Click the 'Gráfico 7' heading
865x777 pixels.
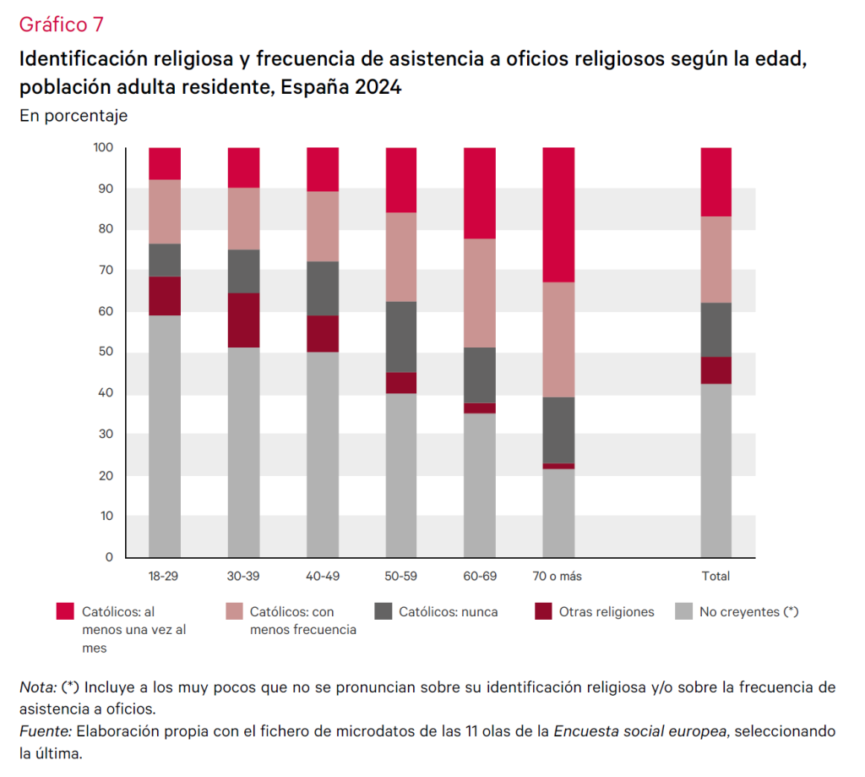[61, 25]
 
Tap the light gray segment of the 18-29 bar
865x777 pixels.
[165, 435]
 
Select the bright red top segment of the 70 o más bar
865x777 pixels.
[558, 215]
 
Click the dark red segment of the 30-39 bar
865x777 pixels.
[243, 320]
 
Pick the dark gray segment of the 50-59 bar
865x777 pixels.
[401, 337]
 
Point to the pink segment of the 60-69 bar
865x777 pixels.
[480, 293]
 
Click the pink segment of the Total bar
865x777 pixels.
[716, 260]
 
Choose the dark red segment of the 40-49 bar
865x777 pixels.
[323, 333]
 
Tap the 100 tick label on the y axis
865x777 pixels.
[103, 148]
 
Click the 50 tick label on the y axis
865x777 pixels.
[106, 353]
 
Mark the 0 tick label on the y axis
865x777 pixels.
[109, 557]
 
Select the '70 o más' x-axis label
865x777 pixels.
[558, 577]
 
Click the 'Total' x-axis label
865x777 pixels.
[716, 577]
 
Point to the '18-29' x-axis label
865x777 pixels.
[165, 577]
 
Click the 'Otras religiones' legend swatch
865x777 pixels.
[544, 611]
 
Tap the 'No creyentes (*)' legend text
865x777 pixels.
[748, 611]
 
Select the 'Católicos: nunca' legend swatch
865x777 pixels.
[383, 611]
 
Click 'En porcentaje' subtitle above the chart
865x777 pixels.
[73, 116]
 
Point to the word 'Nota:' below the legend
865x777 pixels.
[37, 687]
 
